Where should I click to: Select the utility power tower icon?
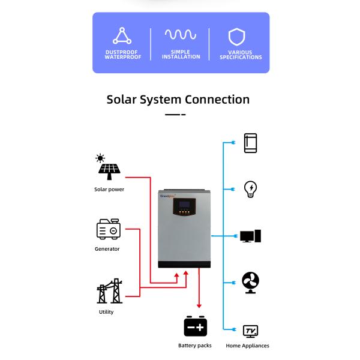(x=109, y=291)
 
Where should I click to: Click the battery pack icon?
(x=195, y=326)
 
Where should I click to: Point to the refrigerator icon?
(x=250, y=143)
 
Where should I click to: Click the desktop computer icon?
(x=250, y=236)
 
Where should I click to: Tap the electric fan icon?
(x=250, y=281)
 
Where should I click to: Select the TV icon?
(x=250, y=331)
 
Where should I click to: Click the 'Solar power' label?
(x=109, y=190)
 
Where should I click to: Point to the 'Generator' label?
(x=107, y=249)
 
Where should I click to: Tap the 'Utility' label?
(x=106, y=312)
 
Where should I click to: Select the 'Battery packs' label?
(x=195, y=346)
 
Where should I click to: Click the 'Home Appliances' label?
(x=247, y=346)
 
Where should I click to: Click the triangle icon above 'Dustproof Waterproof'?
(x=122, y=36)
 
